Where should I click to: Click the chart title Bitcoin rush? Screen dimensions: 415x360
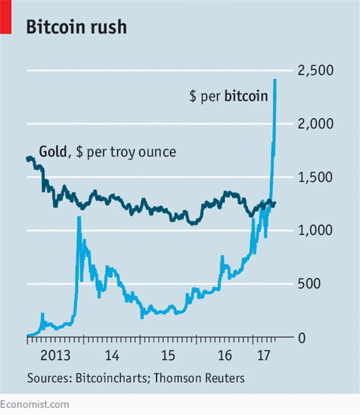(76, 26)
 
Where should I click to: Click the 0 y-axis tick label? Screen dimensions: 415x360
(301, 338)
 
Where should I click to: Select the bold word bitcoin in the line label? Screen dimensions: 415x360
(246, 96)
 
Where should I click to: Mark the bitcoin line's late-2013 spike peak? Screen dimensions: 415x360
(79, 217)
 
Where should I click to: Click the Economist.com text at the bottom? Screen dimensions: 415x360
(35, 404)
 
